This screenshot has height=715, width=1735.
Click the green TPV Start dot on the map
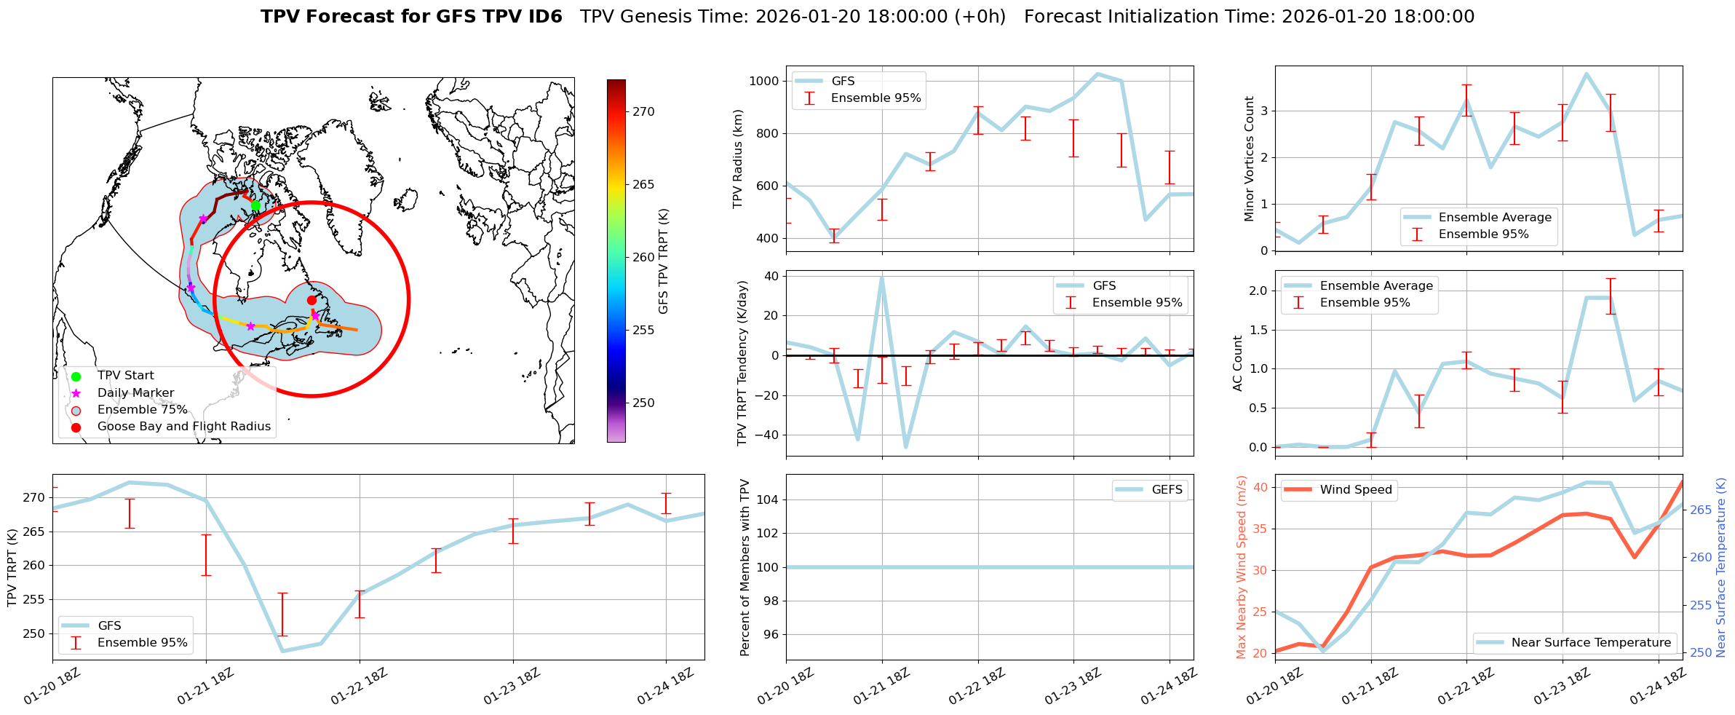click(x=255, y=206)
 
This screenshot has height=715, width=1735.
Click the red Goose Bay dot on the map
click(x=311, y=300)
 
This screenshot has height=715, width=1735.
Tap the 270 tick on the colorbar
click(x=643, y=112)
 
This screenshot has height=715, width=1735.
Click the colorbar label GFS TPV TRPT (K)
click(x=663, y=261)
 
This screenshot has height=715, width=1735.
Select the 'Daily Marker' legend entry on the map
click(x=135, y=393)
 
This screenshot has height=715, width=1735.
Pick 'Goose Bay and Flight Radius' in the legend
click(x=183, y=427)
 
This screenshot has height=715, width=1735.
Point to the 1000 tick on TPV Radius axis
click(x=763, y=81)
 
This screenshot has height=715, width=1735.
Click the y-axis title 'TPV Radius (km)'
click(x=738, y=159)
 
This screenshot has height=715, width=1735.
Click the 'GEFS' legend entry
click(x=1167, y=490)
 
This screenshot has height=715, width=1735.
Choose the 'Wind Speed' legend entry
click(x=1355, y=490)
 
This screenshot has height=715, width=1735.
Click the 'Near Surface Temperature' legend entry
click(x=1590, y=643)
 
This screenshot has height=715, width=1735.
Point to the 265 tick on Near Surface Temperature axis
click(x=1701, y=510)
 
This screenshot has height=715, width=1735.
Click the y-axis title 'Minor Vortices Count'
click(x=1250, y=159)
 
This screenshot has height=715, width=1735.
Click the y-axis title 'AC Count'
click(x=1238, y=363)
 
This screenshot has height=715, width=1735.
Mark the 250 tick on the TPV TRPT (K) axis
click(x=33, y=634)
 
